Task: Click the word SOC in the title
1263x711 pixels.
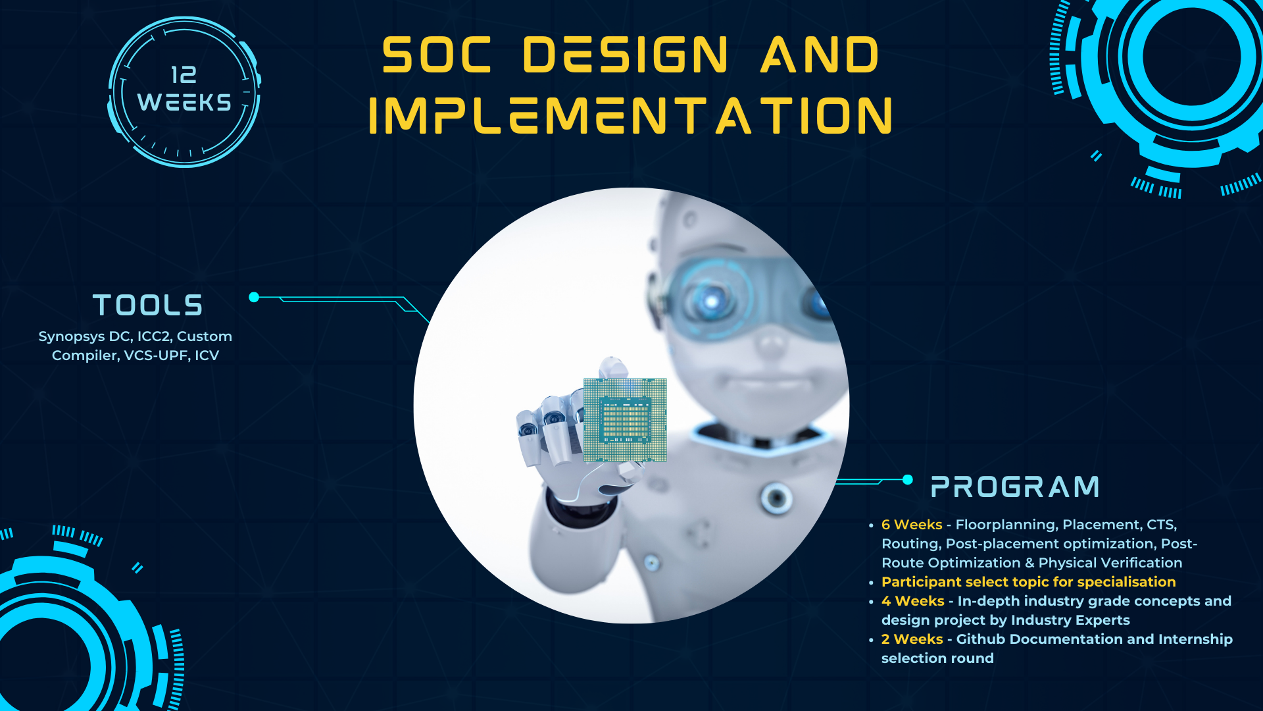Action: (437, 55)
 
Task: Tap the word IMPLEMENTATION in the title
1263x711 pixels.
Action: (630, 116)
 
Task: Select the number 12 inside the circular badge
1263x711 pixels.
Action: (184, 75)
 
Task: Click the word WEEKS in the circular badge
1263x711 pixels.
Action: (184, 103)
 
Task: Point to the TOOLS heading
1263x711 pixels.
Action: (148, 305)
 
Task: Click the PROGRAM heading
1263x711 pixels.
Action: (1015, 487)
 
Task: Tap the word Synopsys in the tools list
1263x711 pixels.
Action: (71, 336)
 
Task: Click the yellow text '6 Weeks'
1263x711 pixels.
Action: (912, 525)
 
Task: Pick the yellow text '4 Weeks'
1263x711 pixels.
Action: (912, 601)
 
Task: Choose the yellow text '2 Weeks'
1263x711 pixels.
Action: (912, 639)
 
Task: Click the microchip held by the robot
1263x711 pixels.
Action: (625, 420)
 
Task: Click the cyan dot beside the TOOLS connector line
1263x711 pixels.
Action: (254, 297)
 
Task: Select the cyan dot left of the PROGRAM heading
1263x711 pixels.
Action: (908, 479)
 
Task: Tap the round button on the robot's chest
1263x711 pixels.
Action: (776, 497)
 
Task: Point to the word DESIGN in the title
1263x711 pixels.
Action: (626, 55)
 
